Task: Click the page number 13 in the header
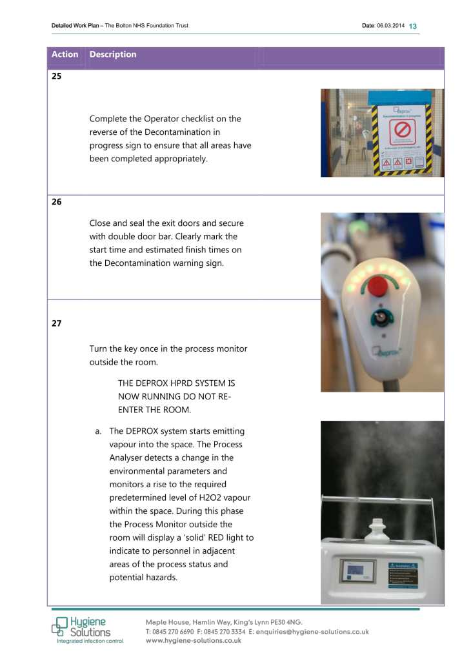(413, 26)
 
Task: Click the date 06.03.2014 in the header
(390, 26)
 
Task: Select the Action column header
(65, 55)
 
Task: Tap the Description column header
(113, 55)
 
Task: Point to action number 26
(56, 202)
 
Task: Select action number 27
(56, 323)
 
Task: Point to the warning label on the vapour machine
(403, 574)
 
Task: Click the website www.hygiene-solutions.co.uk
(194, 641)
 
